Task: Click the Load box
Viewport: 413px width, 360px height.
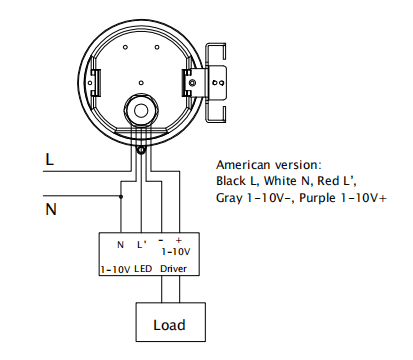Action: (170, 322)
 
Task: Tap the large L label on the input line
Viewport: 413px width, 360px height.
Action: (49, 159)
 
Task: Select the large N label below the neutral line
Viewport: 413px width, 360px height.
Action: (51, 209)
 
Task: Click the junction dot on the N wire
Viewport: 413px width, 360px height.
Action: (121, 197)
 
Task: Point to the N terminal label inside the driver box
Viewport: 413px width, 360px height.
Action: (120, 245)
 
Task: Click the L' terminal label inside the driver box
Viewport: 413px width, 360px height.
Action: (142, 244)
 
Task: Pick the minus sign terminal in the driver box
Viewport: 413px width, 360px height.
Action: (161, 240)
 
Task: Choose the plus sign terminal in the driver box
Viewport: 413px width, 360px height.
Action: (179, 240)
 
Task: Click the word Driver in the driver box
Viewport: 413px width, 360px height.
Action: (173, 269)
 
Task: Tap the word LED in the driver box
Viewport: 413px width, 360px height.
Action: (143, 269)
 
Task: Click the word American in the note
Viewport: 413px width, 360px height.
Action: (243, 165)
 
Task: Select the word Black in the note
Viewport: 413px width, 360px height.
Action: (230, 181)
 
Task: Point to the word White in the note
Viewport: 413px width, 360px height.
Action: (280, 181)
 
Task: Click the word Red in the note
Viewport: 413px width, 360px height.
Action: (327, 181)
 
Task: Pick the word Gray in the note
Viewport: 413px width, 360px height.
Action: (229, 198)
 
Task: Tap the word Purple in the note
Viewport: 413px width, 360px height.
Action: (317, 198)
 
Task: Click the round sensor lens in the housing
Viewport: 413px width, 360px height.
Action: (141, 111)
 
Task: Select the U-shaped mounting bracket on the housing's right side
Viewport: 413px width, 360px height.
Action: (216, 83)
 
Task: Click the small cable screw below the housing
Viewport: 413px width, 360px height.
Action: (141, 150)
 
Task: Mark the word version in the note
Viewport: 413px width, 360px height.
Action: (297, 165)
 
